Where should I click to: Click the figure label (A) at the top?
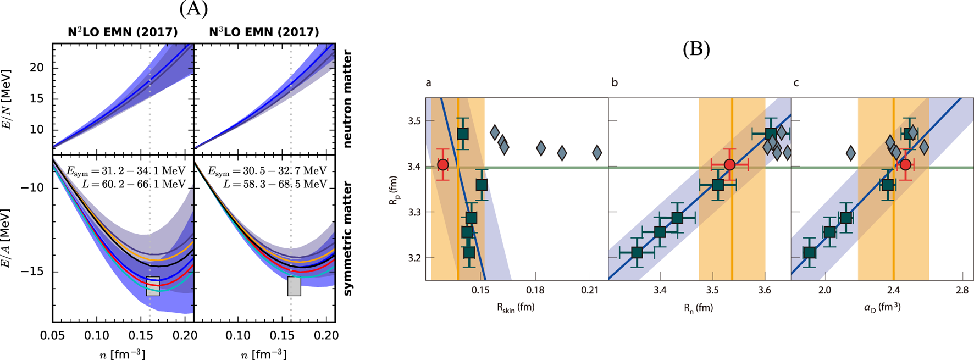click(193, 9)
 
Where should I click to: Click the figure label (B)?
click(696, 49)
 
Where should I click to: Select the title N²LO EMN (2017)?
click(123, 32)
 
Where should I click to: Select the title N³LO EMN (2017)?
click(264, 32)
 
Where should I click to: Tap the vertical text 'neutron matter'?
click(348, 99)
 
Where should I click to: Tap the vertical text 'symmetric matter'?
click(348, 238)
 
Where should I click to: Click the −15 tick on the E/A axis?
click(34, 272)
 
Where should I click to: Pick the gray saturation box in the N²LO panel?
click(153, 286)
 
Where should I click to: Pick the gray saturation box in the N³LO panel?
click(294, 286)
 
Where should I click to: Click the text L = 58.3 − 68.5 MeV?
click(275, 184)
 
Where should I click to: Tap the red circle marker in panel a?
click(442, 164)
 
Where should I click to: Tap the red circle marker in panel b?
click(729, 164)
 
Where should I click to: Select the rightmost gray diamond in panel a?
click(597, 153)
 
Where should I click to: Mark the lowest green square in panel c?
click(809, 253)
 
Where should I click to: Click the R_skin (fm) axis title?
click(516, 308)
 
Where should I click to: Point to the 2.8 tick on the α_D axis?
click(962, 290)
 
